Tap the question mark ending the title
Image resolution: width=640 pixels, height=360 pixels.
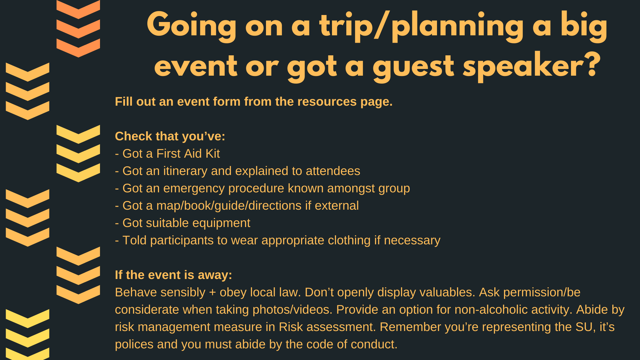pos(592,65)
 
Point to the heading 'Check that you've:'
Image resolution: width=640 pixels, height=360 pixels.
pos(170,136)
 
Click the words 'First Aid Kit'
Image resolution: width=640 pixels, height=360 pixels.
pos(188,154)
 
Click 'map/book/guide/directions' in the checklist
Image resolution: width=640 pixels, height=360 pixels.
pos(229,206)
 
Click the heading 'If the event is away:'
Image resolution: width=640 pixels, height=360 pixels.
pos(173,275)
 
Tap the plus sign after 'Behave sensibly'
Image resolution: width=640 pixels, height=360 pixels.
pos(212,293)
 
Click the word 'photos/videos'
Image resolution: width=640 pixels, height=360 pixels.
pos(292,310)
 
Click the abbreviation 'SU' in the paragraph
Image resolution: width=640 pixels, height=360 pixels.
pos(584,327)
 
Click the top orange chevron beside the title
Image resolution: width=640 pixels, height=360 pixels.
pos(78,9)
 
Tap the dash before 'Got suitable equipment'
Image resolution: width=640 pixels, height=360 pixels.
pos(117,223)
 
